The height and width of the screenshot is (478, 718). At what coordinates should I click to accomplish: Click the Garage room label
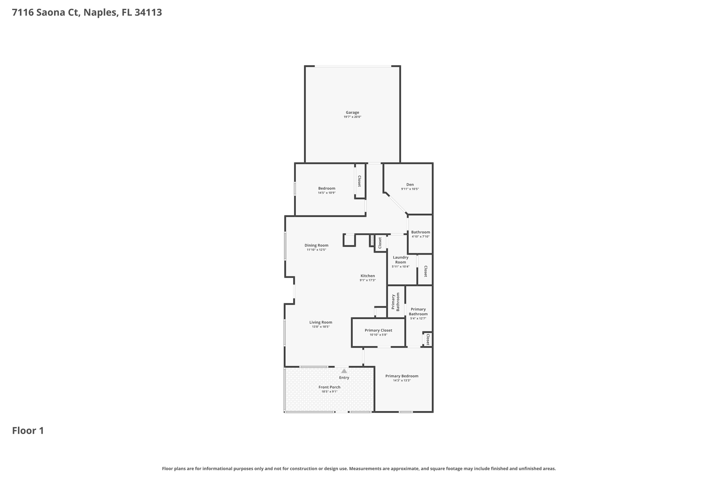352,112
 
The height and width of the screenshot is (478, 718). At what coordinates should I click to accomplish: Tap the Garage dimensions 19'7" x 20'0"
352,117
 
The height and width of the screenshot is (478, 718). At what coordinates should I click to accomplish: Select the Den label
410,185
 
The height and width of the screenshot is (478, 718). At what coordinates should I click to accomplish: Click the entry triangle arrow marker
344,371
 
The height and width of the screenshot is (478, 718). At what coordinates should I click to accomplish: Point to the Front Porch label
329,387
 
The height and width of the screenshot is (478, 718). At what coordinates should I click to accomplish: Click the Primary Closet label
378,330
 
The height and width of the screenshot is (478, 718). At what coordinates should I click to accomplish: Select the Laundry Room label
400,259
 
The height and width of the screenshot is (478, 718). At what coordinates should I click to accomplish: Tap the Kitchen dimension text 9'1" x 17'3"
367,280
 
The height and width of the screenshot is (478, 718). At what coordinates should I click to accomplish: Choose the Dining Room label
316,245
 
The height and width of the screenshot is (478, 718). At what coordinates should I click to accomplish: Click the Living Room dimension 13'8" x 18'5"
320,327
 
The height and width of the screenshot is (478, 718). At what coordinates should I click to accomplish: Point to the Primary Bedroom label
402,376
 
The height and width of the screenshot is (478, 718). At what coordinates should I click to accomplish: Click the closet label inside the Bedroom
359,181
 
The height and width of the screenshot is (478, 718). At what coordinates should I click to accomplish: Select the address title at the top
87,13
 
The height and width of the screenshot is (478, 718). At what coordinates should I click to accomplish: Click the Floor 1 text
28,430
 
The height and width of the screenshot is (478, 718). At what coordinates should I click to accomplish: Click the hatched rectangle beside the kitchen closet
372,241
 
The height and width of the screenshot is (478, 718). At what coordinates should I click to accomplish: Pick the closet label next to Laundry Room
426,271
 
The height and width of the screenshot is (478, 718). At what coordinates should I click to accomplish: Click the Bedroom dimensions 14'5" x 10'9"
326,193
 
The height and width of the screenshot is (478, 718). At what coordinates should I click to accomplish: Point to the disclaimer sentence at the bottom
359,469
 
